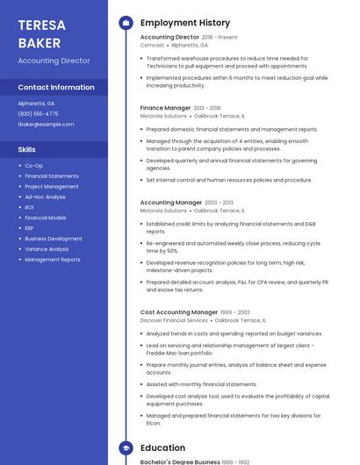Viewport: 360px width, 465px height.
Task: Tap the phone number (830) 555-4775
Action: pos(38,113)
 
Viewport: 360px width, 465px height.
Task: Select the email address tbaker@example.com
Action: pos(46,124)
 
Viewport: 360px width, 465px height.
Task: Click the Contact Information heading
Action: pos(56,88)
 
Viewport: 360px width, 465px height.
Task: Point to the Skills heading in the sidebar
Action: pos(26,149)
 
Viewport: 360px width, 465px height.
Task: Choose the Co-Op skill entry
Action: pos(33,165)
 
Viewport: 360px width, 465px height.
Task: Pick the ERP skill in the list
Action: pos(29,228)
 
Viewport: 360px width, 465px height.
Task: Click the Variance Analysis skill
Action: pos(46,249)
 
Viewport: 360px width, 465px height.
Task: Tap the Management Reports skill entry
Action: pos(52,260)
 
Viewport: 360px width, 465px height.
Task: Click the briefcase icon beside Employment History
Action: pos(126,23)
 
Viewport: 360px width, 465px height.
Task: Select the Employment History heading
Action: pos(185,23)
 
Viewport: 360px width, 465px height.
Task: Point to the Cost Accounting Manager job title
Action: pos(179,312)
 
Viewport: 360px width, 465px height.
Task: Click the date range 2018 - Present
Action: pos(220,38)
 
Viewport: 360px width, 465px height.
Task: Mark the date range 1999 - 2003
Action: pos(235,312)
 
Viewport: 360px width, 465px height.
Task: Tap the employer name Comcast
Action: pos(152,45)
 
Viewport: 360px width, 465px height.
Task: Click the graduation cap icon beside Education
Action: pos(126,448)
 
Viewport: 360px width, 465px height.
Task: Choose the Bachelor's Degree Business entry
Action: pos(180,461)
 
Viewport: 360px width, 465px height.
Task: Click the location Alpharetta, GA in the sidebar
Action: pos(36,103)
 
